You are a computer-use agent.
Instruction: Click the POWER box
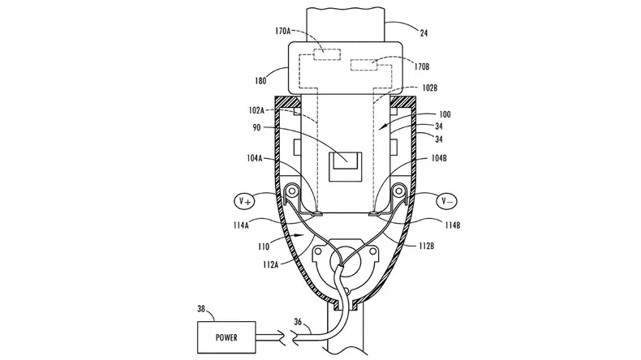tap(226, 337)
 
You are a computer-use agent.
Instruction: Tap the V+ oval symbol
tap(245, 201)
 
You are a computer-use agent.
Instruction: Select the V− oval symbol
tap(447, 201)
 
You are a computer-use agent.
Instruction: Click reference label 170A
tap(282, 31)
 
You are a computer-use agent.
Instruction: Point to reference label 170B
tap(421, 66)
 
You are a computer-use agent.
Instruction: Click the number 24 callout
tap(424, 33)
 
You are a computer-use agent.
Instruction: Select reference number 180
tap(260, 81)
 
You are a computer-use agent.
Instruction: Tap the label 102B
tap(430, 88)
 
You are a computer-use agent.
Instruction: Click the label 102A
tap(256, 110)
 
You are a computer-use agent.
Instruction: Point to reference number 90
tap(256, 128)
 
